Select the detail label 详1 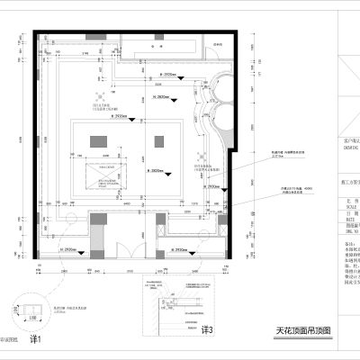(37, 338)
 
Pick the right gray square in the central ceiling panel (159, 141)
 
